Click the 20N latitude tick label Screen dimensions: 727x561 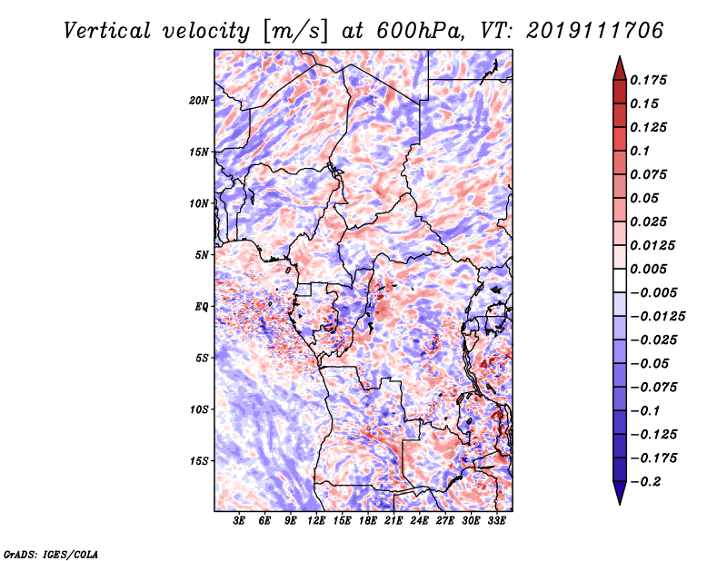click(199, 100)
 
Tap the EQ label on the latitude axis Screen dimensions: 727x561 click(202, 307)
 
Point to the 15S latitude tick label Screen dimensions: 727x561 click(199, 461)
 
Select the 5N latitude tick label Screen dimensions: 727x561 click(202, 255)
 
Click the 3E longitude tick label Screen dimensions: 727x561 click(239, 521)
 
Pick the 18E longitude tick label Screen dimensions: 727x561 click(368, 521)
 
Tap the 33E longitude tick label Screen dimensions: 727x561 click(496, 521)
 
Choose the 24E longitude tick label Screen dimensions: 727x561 click(419, 521)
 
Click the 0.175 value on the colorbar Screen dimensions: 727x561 click(648, 80)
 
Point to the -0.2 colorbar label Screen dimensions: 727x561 click(646, 482)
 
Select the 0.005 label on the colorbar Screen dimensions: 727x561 click(648, 269)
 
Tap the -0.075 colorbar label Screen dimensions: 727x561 click(653, 388)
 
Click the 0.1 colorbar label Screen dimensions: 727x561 click(640, 151)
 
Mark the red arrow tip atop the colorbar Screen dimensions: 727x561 click(620, 56)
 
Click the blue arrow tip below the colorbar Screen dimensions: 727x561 click(620, 504)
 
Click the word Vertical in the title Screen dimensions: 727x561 click(107, 31)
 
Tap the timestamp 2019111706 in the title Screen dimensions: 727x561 click(595, 31)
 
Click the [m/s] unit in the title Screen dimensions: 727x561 click(295, 32)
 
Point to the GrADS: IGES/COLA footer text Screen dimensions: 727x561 click(51, 554)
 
